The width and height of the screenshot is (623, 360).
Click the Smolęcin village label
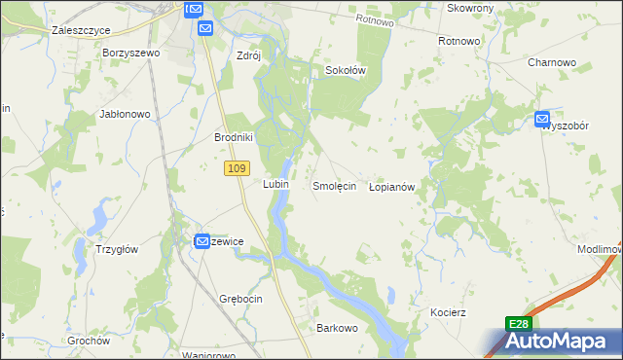click(333, 185)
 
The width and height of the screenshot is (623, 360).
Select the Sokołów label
click(345, 70)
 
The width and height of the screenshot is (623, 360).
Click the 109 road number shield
click(234, 169)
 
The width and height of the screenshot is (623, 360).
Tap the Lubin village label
click(274, 183)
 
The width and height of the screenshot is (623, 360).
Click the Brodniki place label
click(234, 137)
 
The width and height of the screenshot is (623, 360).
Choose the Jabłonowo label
click(125, 114)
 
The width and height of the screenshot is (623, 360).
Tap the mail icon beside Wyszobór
click(542, 120)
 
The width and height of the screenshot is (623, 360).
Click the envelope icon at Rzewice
click(202, 240)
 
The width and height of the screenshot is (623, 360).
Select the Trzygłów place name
click(116, 249)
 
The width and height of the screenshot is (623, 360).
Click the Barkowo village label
click(337, 329)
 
